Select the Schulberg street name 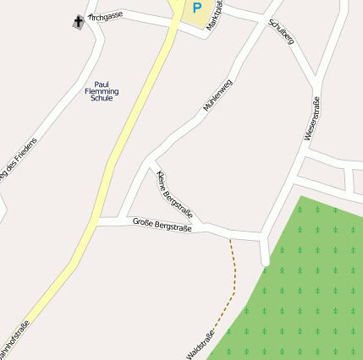(x=281, y=31)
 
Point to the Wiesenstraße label (x=312, y=119)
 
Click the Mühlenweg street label (x=217, y=95)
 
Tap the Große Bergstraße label (x=162, y=224)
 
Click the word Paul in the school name (x=102, y=85)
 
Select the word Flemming (x=102, y=91)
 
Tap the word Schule (x=102, y=98)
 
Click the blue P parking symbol (x=196, y=8)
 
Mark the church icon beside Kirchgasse (x=79, y=21)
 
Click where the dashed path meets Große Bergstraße (x=229, y=237)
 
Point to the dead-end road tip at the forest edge (x=266, y=265)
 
